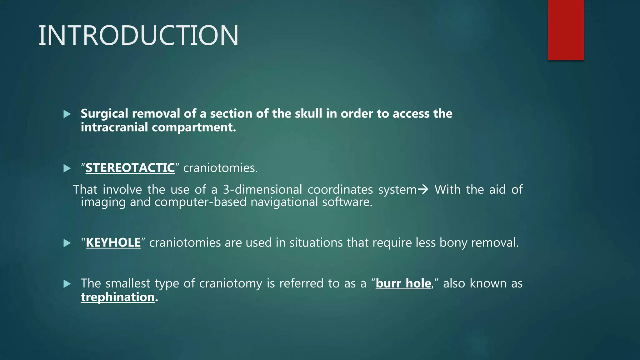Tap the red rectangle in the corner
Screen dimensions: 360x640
566,30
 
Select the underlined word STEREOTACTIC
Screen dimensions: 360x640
130,168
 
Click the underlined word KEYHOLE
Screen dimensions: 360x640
113,243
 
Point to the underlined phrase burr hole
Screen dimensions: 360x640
403,283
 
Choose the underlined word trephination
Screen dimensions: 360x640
118,297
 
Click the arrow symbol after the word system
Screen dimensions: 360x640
423,189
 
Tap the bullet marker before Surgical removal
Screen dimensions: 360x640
67,114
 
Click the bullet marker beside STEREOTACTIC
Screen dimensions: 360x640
67,168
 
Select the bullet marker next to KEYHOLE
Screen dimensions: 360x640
67,243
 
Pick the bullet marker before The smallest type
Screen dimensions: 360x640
67,284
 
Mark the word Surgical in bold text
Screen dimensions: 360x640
104,114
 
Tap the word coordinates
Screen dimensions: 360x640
340,190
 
